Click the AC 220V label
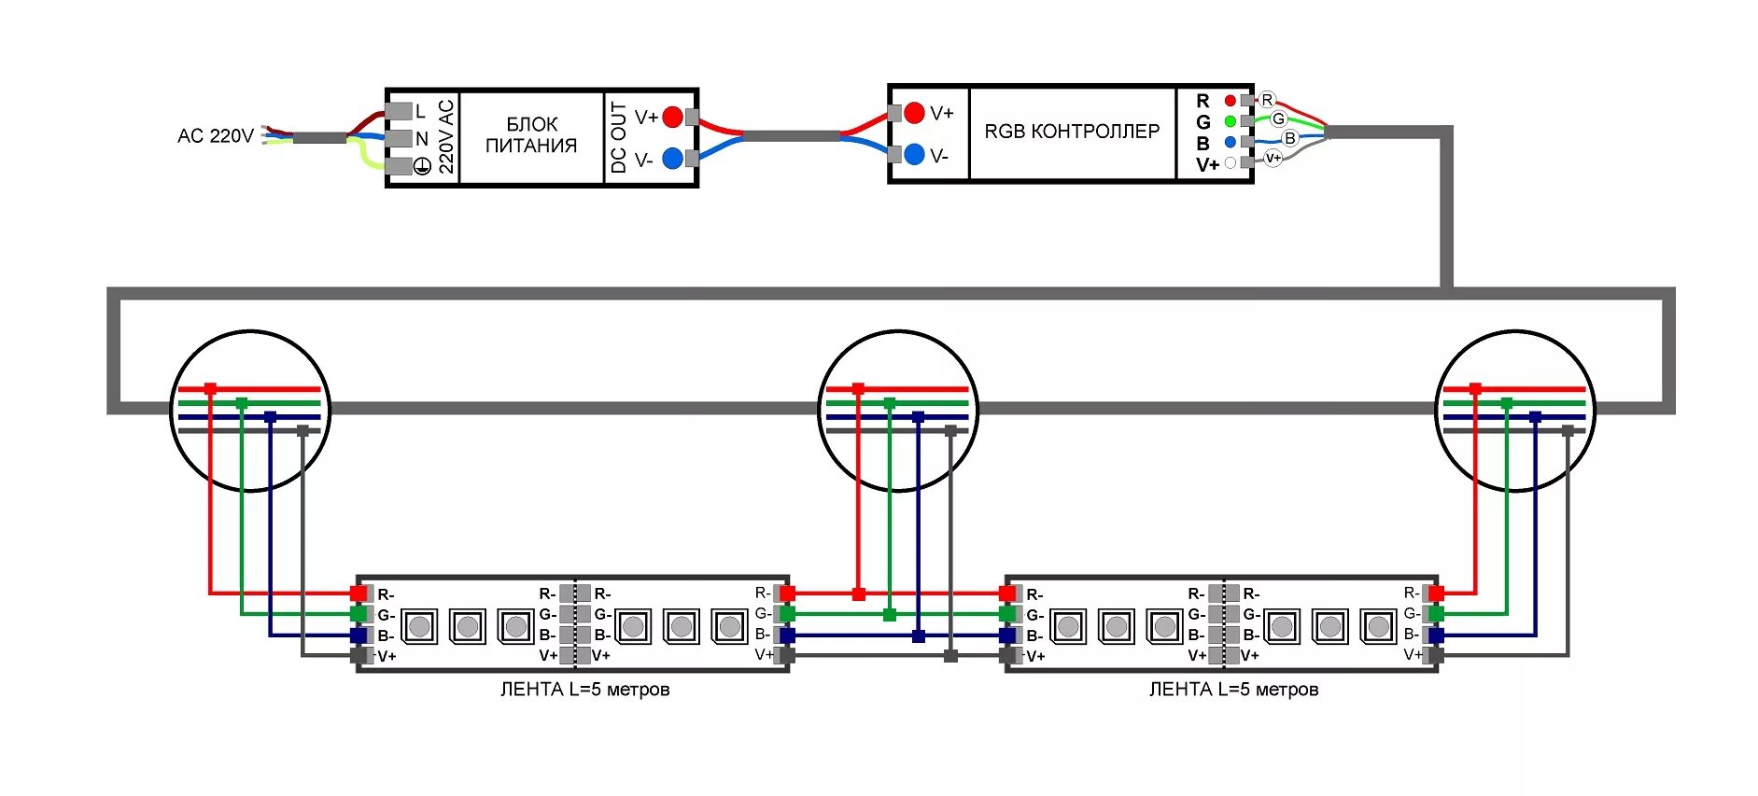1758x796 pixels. point(216,136)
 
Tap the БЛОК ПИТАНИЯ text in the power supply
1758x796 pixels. point(530,135)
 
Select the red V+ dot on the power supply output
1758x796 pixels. point(672,118)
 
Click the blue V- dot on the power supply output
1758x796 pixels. point(672,159)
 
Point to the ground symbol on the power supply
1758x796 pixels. point(422,166)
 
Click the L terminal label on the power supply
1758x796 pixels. point(420,111)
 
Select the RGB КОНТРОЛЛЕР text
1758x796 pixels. point(1072,132)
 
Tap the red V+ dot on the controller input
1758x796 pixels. point(914,113)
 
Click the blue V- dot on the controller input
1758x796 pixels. point(914,154)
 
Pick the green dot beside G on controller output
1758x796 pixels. point(1230,121)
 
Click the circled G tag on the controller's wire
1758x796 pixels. point(1279,119)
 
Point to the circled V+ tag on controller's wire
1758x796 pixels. point(1273,158)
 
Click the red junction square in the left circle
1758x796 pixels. point(210,388)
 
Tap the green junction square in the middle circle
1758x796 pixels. point(890,403)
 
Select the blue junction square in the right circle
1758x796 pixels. point(1536,417)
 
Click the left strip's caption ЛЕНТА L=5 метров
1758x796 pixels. point(584,690)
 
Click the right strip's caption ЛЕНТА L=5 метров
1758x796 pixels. point(1233,690)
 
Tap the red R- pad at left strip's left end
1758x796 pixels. point(359,594)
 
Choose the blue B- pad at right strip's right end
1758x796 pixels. point(1436,635)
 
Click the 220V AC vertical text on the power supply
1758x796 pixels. point(446,137)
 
